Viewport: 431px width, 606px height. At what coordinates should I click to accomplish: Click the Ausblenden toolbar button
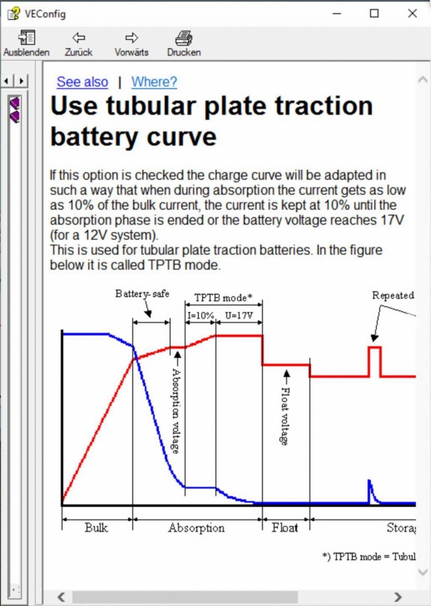coord(26,44)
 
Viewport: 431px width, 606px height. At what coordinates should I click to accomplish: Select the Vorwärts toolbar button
coord(131,44)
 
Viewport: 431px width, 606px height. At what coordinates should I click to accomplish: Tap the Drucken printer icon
coord(184,38)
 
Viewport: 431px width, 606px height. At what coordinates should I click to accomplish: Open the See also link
coord(82,82)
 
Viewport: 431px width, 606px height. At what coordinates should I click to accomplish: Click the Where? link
coord(154,82)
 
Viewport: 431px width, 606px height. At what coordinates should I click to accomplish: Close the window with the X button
coord(412,13)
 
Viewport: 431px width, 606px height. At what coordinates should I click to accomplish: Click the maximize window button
coord(374,13)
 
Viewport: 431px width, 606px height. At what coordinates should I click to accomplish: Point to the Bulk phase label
coord(96,528)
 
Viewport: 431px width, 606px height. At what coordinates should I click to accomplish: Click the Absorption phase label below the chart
coord(196,528)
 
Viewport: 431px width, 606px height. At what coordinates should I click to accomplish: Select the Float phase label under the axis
coord(285,528)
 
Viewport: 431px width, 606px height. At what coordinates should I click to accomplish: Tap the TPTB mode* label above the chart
coord(223,298)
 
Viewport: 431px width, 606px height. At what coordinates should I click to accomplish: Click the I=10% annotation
coord(200,315)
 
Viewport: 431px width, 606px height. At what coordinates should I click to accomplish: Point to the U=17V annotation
coord(239,315)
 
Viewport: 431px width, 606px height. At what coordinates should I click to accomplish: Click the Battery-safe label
coord(142,294)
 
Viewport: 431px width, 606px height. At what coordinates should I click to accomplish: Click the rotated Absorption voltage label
coord(176,410)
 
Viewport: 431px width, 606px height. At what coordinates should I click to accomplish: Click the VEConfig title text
coord(45,14)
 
